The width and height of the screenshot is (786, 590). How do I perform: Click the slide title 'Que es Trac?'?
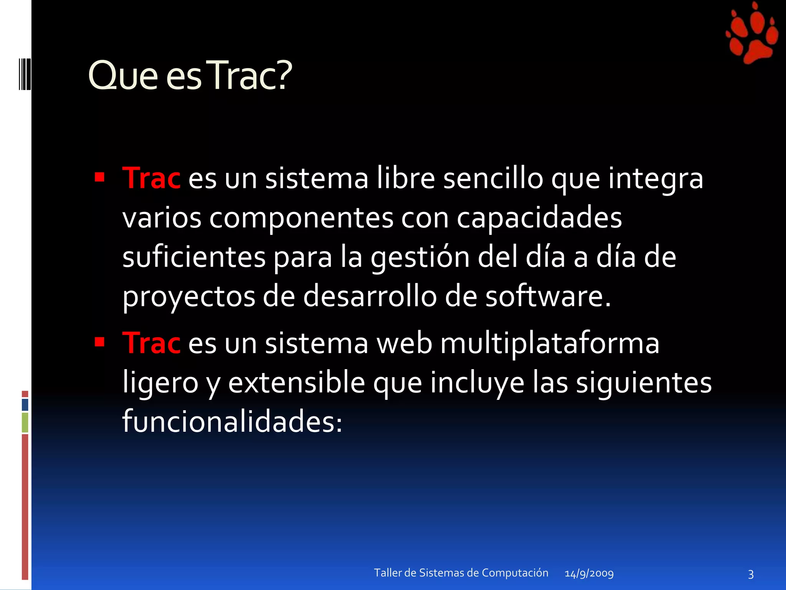click(190, 76)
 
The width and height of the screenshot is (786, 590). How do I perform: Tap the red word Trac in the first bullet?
click(151, 179)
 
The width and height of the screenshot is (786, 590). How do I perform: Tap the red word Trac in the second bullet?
click(151, 343)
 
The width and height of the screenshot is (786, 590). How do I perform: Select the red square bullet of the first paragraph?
click(100, 177)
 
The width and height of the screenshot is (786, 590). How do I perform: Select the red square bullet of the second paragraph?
click(100, 341)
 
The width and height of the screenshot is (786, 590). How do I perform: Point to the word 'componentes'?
click(301, 218)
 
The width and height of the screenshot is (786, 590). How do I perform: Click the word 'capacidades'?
click(539, 218)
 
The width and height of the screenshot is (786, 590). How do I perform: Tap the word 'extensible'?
click(297, 383)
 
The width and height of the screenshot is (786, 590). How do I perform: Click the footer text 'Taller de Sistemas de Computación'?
click(461, 573)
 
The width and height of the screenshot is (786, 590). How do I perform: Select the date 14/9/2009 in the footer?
click(589, 573)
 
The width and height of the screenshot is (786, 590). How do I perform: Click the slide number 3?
click(751, 574)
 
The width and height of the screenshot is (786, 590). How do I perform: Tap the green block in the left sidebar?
click(25, 423)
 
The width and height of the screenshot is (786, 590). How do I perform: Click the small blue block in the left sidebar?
click(25, 405)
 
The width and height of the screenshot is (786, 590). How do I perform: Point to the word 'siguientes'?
click(644, 383)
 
